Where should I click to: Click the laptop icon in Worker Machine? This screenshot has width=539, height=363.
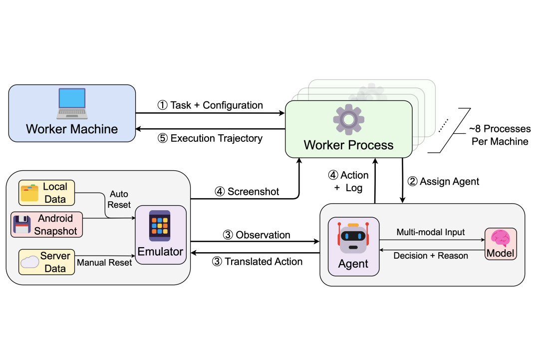(72, 103)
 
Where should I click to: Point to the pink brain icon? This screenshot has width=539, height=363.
(500, 238)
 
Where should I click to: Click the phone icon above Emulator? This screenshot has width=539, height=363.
(160, 226)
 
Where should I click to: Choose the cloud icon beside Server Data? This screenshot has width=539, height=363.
(29, 262)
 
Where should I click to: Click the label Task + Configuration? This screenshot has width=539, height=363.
(216, 105)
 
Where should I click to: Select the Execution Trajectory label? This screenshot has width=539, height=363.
(216, 139)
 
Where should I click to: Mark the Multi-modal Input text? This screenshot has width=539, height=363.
(430, 232)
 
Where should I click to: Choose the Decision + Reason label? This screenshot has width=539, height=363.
(431, 256)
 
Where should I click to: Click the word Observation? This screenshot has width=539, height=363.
(263, 235)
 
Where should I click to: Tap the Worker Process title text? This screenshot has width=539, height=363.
(348, 146)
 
